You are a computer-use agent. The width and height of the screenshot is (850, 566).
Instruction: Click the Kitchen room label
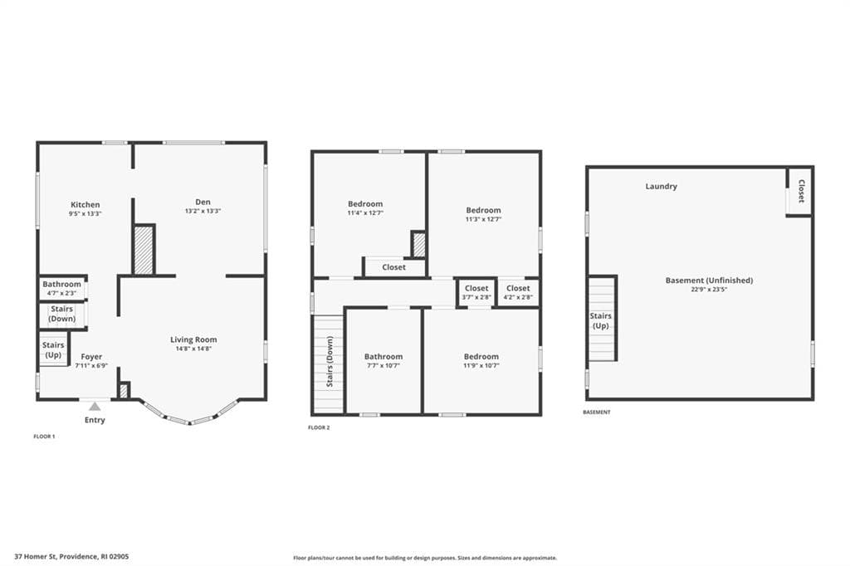(x=85, y=204)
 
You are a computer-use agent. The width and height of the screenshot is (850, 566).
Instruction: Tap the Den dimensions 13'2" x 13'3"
(x=203, y=211)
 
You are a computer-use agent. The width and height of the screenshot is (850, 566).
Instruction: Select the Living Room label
(x=193, y=340)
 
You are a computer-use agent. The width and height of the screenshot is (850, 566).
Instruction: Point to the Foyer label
(x=91, y=357)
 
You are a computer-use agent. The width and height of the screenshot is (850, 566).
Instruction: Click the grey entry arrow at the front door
(x=95, y=406)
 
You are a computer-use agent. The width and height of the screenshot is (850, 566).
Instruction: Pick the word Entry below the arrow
(x=95, y=420)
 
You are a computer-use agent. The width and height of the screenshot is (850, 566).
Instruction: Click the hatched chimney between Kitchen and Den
(x=144, y=250)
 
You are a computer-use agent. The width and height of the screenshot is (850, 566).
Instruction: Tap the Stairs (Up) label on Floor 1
(x=53, y=349)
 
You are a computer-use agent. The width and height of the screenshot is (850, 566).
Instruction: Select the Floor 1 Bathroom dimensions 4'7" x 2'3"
(x=61, y=293)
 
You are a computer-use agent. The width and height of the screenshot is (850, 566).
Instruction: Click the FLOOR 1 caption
(x=45, y=437)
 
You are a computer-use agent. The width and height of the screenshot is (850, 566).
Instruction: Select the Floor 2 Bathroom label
(x=383, y=356)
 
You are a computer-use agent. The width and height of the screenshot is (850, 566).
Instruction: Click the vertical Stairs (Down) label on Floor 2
(x=330, y=362)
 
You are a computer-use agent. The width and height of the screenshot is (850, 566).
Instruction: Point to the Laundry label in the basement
(x=662, y=186)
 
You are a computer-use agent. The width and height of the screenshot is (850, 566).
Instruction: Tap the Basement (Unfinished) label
(x=709, y=281)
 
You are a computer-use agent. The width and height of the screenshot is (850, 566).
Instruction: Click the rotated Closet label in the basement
(x=801, y=191)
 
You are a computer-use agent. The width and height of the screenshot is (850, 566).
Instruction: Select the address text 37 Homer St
(x=36, y=556)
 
